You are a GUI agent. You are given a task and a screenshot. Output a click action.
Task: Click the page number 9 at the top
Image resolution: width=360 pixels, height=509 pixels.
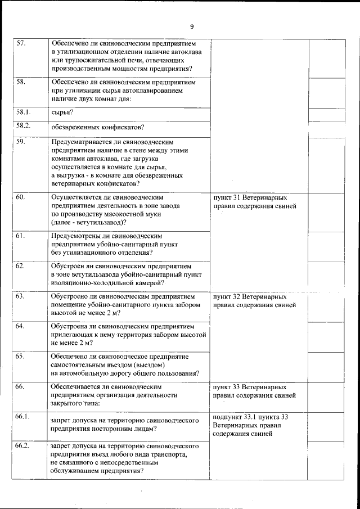pos(192,27)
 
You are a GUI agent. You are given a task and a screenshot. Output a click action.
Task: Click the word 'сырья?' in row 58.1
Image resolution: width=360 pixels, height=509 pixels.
pos(62,114)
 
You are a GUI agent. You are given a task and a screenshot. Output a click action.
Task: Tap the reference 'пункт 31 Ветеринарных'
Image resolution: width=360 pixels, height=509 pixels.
pos(250,198)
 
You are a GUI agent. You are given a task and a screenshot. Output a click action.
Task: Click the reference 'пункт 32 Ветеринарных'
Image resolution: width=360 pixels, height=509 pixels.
pos(250,296)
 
